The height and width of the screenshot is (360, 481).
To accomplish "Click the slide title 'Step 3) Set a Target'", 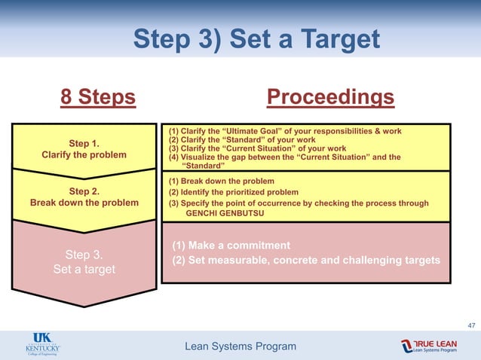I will pos(256,38).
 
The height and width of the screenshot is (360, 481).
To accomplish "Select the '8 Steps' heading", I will pos(98,97).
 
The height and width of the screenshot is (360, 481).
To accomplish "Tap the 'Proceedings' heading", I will pos(330,97).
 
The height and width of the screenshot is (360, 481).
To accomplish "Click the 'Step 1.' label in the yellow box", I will pos(84,143).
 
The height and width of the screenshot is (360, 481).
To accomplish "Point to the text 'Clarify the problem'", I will pos(84,155).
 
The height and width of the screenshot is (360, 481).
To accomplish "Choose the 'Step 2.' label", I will pos(84,191).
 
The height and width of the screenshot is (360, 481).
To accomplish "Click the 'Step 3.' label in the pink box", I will pos(84,254).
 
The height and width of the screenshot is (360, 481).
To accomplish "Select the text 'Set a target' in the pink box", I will pos(84,268).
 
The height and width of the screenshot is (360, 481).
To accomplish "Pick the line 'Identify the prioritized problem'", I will pos(238,192).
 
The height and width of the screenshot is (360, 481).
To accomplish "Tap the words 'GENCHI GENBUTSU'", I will pos(223,213).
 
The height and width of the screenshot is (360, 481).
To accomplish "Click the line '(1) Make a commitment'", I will pos(231,246).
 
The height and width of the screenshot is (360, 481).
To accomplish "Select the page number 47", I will pos(471,325).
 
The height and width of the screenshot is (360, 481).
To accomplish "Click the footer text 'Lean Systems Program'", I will pos(240,346).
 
